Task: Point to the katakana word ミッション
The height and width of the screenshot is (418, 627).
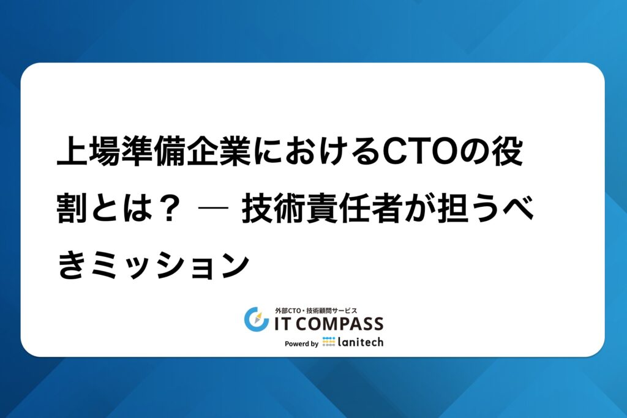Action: (x=170, y=265)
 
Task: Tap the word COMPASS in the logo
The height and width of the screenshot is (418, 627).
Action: (x=340, y=324)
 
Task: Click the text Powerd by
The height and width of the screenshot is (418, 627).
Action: (x=301, y=344)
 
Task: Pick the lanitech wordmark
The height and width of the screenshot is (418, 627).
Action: (x=361, y=342)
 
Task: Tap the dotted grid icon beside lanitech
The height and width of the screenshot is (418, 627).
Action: (x=329, y=341)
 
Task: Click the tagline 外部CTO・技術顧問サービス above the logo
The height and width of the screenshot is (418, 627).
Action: (x=316, y=310)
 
